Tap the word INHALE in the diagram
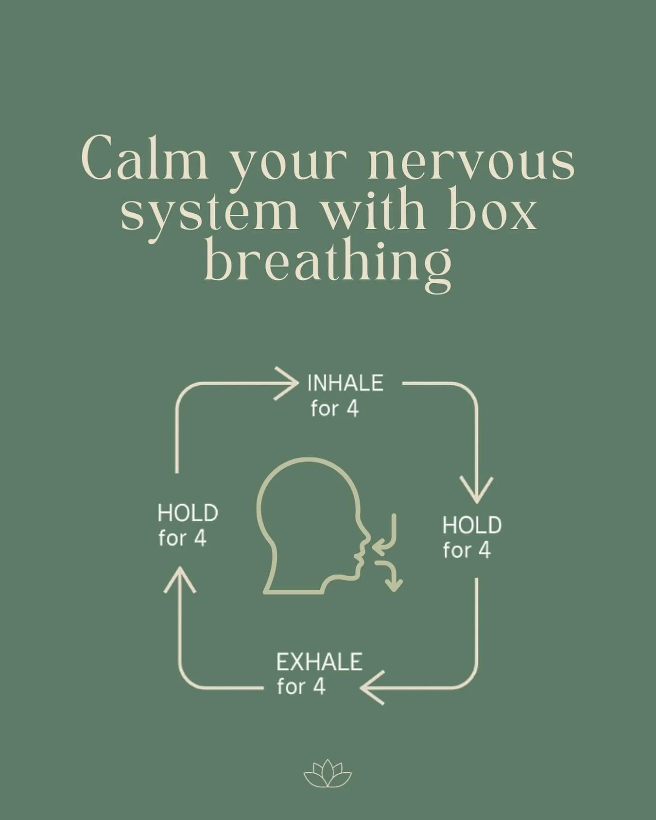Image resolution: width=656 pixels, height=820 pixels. coord(345,384)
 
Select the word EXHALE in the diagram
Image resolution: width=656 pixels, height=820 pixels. coord(319,662)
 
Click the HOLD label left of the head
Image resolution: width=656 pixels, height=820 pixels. coord(188,513)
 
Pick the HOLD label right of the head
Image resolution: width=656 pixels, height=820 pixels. coord(472,526)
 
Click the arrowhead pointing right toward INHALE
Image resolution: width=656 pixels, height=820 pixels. coord(287,383)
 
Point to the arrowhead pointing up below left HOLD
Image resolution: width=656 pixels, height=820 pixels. coord(180,581)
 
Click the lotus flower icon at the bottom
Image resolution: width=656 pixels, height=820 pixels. coord(328,773)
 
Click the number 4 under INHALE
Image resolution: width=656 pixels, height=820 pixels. coord(352,410)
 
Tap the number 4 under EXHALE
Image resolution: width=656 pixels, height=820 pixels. coord(318,687)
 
